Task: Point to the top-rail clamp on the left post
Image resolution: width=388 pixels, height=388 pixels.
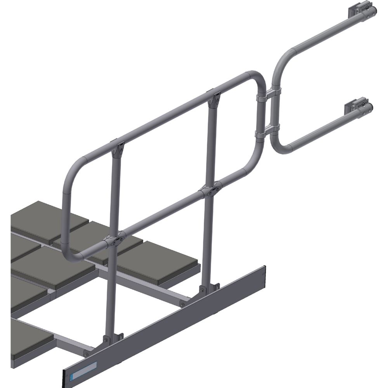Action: click(x=118, y=148)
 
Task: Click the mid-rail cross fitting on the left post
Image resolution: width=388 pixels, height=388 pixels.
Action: click(x=115, y=240)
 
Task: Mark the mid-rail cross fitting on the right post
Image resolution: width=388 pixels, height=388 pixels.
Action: click(x=210, y=190)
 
